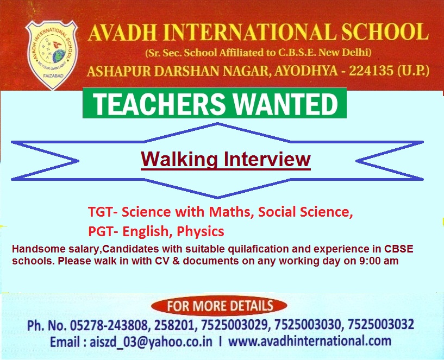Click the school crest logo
pos(51,55)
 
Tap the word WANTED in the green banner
pos(286,104)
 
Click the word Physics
pos(201,232)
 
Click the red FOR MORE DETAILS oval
pos(219,306)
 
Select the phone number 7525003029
pos(234,324)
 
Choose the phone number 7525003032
pos(381,324)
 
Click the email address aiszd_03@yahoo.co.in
pos(151,342)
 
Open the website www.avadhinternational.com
pos(310,341)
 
